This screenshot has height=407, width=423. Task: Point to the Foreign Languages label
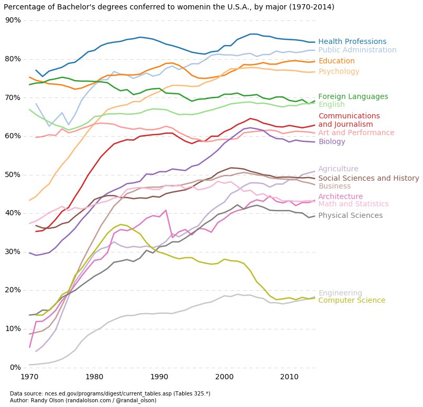pyautogui.click(x=353, y=97)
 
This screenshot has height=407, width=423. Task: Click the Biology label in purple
pyautogui.click(x=331, y=142)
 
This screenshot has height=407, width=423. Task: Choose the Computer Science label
pyautogui.click(x=351, y=301)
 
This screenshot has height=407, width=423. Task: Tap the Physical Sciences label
pyautogui.click(x=350, y=216)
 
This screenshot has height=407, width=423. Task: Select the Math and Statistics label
pyautogui.click(x=353, y=204)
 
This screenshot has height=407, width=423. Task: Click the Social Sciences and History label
pyautogui.click(x=369, y=179)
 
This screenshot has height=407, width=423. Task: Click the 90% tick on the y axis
pyautogui.click(x=13, y=20)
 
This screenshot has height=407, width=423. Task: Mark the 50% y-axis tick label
pyautogui.click(x=13, y=174)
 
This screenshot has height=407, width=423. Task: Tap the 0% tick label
pyautogui.click(x=15, y=367)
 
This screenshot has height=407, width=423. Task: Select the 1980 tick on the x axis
pyautogui.click(x=94, y=377)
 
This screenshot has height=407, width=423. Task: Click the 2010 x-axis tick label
pyautogui.click(x=288, y=377)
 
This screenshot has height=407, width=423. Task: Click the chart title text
pyautogui.click(x=169, y=7)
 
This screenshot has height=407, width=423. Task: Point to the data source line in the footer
pyautogui.click(x=110, y=393)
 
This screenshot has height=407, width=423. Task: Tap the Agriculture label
pyautogui.click(x=338, y=169)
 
